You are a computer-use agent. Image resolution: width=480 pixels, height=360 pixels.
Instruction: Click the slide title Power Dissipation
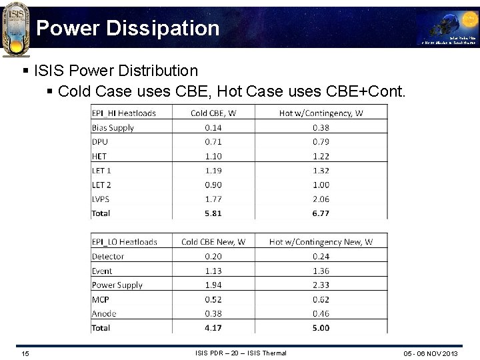coord(127,28)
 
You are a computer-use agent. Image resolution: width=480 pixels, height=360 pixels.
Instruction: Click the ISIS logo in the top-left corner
coord(15,29)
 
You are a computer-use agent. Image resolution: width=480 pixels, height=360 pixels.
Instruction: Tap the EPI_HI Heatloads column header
coord(123,113)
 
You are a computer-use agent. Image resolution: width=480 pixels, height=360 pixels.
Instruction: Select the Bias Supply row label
coord(113,127)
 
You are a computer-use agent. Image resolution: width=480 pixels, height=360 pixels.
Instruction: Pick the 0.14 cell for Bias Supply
coord(213,127)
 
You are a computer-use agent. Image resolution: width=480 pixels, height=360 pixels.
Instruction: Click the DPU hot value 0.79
coord(321,141)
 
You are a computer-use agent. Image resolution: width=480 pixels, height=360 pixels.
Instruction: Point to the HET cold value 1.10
coord(213,156)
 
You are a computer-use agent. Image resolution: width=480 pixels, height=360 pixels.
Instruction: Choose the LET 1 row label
coord(101,171)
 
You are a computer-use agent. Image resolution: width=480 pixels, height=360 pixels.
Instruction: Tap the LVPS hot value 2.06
coord(321,199)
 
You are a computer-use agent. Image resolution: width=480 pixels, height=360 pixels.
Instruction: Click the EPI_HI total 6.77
coord(321,213)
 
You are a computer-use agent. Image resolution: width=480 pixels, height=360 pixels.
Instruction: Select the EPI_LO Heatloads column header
coord(124,242)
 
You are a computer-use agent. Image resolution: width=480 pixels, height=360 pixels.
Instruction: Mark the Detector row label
coord(108,256)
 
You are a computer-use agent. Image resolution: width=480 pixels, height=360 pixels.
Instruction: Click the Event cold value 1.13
coord(213,271)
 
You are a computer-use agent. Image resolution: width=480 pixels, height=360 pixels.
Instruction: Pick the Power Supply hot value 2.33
coord(321,285)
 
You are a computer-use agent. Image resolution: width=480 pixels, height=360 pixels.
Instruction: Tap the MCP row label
coord(101,299)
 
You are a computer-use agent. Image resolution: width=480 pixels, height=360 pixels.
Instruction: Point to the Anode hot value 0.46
coord(321,313)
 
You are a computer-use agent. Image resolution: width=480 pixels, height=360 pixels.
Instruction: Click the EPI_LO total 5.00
coord(321,328)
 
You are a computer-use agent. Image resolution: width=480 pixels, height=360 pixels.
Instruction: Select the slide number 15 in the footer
coord(25,353)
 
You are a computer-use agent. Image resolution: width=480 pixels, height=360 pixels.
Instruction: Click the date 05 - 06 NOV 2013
coord(431,353)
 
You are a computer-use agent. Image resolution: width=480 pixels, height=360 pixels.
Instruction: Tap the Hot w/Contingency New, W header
coord(321,242)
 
